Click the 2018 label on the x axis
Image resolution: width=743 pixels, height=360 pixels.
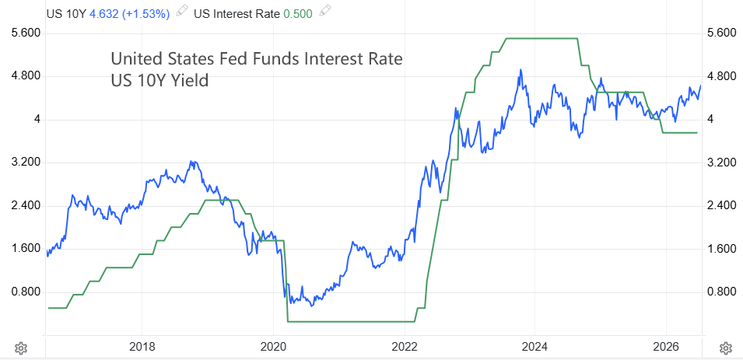141,348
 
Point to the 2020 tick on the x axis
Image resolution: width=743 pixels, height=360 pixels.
273,348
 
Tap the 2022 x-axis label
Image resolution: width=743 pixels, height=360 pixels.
405,348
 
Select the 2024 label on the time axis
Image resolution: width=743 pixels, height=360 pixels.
534,348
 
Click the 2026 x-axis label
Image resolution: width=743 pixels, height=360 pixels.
666,348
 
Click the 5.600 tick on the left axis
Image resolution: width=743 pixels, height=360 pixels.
27,33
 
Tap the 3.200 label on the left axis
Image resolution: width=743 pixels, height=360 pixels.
27,163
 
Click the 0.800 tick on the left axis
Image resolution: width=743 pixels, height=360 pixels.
27,292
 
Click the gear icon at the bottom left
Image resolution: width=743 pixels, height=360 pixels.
20,348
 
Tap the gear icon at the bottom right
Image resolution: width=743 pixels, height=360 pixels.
725,348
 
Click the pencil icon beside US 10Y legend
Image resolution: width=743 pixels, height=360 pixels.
182,12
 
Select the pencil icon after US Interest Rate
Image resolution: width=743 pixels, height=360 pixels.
324,12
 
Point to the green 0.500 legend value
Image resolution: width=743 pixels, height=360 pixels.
298,13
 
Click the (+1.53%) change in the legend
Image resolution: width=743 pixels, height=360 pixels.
146,13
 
